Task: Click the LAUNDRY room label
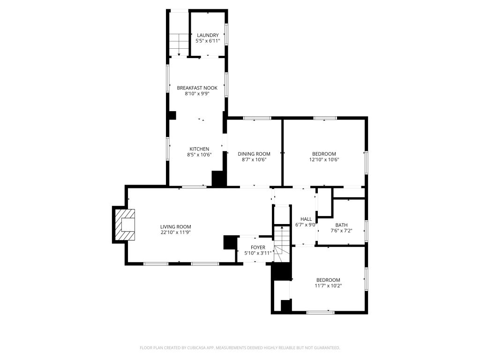pyautogui.click(x=208, y=35)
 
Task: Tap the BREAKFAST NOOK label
pyautogui.click(x=197, y=88)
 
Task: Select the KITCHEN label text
pyautogui.click(x=199, y=149)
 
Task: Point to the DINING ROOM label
pyautogui.click(x=254, y=154)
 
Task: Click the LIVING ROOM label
pyautogui.click(x=176, y=227)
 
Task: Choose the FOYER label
pyautogui.click(x=258, y=247)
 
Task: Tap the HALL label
pyautogui.click(x=306, y=219)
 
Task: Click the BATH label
pyautogui.click(x=341, y=225)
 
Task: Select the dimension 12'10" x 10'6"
pyautogui.click(x=324, y=159)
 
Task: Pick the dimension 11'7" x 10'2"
pyautogui.click(x=328, y=285)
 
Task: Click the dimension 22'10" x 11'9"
pyautogui.click(x=176, y=232)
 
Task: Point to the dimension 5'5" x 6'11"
pyautogui.click(x=208, y=41)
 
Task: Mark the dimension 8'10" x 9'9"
pyautogui.click(x=197, y=94)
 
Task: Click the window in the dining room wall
pyautogui.click(x=257, y=118)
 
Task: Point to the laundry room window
pyautogui.click(x=226, y=34)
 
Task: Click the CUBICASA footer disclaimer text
pyautogui.click(x=240, y=348)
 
